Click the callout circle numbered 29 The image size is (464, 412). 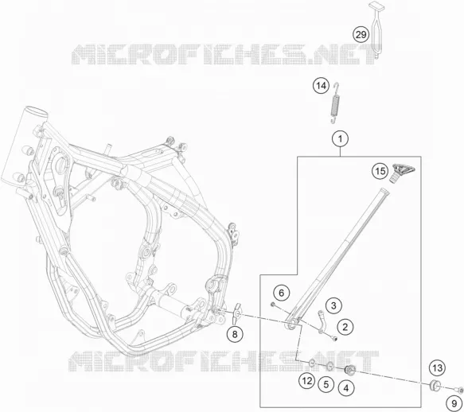tap(361, 35)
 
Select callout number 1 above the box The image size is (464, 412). tap(341, 138)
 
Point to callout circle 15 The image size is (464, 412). tap(380, 171)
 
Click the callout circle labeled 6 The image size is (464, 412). tap(281, 293)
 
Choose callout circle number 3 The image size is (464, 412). tap(333, 305)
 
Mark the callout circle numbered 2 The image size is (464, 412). tap(345, 327)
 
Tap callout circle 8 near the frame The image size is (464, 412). tap(235, 335)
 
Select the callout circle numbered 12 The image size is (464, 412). tap(307, 381)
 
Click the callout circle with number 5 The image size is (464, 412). tap(326, 384)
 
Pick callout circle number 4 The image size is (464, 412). tap(346, 388)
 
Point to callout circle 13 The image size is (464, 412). tap(438, 368)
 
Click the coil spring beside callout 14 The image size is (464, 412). tap(335, 103)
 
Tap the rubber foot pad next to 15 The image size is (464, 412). tap(403, 173)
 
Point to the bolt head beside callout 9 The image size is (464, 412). tap(459, 391)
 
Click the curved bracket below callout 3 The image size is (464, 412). tap(322, 321)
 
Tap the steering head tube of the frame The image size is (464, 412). tap(21, 146)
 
